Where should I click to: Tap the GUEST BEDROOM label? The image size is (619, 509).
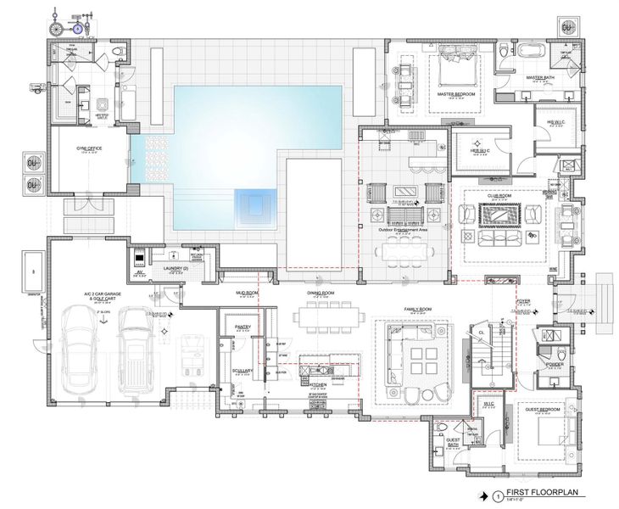click(544, 408)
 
